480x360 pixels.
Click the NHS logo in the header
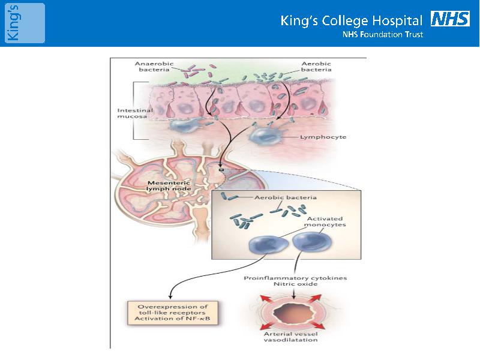pos(450,19)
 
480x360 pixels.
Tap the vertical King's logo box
pos(25,23)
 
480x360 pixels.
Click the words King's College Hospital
pos(351,21)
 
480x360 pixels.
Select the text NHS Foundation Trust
pos(383,34)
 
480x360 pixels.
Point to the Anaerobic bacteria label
pos(154,67)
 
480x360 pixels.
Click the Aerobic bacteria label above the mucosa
pos(316,67)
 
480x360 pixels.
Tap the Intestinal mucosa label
pos(134,113)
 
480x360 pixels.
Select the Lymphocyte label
pos(323,137)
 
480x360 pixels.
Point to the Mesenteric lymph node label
pos(169,186)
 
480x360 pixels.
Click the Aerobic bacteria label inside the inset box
pos(286,197)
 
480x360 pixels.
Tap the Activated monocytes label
pos(325,221)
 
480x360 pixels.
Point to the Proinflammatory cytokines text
pos(295,278)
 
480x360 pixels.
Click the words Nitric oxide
pos(295,284)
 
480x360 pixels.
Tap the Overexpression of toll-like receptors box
pos(172,313)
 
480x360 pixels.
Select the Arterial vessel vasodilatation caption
pos(290,337)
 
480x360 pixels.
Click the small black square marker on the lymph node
pos(221,169)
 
